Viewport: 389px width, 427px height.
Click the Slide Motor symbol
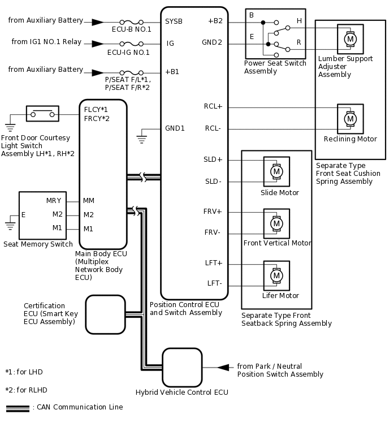(276, 171)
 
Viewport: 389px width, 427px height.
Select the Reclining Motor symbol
(350, 119)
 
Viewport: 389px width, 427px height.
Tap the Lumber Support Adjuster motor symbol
(350, 38)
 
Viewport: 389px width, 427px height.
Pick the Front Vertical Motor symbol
(276, 223)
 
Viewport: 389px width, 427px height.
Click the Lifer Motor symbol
(276, 275)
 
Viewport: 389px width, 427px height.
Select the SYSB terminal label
(174, 21)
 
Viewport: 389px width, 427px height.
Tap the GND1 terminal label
(175, 128)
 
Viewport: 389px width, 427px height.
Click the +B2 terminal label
(215, 21)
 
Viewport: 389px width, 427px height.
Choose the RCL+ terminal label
(213, 106)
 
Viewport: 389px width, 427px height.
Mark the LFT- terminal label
(214, 283)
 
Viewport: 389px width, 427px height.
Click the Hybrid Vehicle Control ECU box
(182, 368)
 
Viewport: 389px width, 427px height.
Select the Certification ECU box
(105, 314)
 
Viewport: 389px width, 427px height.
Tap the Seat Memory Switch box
(42, 215)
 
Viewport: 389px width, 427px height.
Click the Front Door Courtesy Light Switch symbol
(42, 114)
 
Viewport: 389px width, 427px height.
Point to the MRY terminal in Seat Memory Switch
(54, 201)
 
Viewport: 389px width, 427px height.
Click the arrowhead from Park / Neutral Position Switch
(224, 368)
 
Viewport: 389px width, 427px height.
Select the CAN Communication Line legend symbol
(18, 407)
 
